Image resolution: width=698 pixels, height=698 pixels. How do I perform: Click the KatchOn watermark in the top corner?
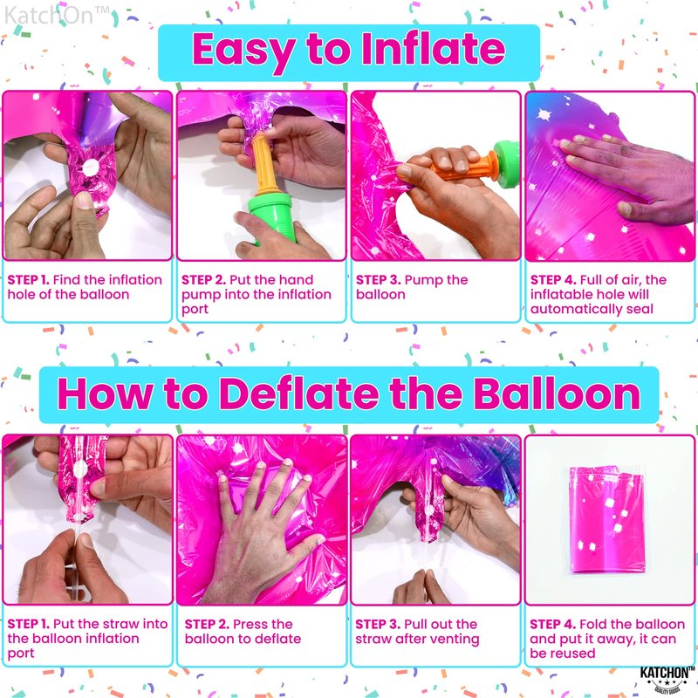click(x=57, y=15)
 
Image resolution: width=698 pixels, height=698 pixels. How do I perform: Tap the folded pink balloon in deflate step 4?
click(x=607, y=519)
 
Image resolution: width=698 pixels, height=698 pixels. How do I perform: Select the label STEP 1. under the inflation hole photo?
click(x=28, y=280)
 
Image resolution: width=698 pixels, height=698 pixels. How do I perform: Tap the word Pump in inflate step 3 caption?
click(x=423, y=280)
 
